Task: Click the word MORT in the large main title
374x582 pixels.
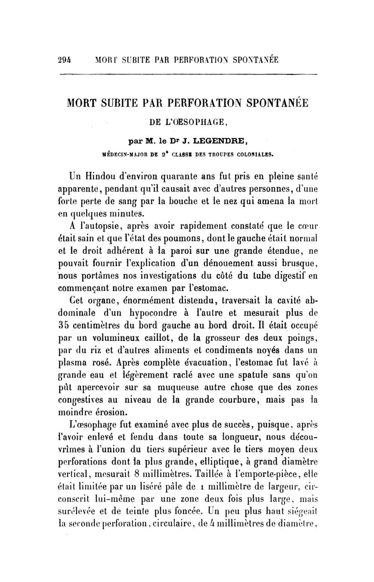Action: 87,103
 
